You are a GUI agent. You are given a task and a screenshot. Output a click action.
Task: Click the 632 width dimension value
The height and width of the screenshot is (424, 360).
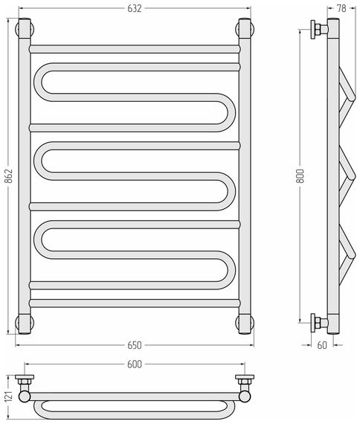[135, 9]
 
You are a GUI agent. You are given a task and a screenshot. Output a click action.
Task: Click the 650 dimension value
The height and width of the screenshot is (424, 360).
[135, 345]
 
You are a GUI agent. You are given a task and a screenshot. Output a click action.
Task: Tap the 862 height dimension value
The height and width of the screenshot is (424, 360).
[9, 176]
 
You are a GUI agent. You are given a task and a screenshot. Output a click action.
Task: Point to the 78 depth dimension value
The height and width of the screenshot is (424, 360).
[341, 8]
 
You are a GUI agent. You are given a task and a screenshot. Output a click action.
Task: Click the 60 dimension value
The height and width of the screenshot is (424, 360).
[322, 345]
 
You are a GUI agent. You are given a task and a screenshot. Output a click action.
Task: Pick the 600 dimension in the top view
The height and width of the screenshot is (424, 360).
[135, 364]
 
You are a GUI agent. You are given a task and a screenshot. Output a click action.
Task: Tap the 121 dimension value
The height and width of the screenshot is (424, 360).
[9, 398]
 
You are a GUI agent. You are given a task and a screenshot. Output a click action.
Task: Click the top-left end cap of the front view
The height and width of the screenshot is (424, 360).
[25, 28]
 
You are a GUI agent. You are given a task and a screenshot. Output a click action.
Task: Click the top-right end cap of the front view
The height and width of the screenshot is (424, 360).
[245, 28]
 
